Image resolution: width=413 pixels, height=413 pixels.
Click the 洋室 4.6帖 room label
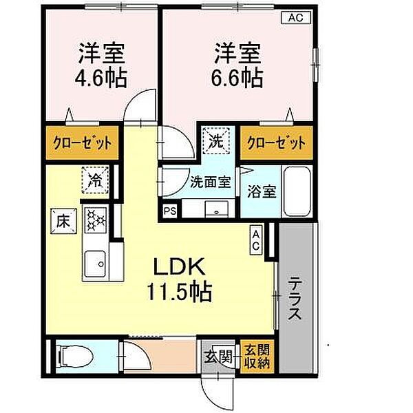coord(102,66)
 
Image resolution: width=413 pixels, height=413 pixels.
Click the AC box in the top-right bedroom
coord(294,18)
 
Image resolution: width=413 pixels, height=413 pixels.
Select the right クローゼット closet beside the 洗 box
coord(275,144)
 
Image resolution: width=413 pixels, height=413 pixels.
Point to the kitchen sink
coord(94,262)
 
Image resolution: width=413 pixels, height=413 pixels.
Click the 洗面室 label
coord(209,184)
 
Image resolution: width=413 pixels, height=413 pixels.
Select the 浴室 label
coord(262,191)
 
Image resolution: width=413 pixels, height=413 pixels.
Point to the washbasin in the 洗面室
coord(219,209)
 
